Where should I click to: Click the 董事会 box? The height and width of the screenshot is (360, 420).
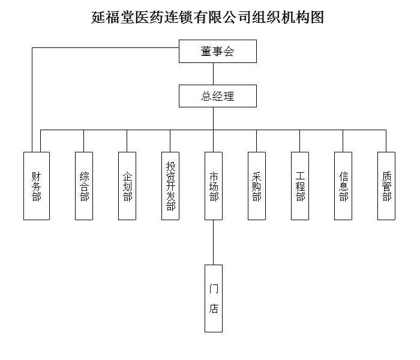217,51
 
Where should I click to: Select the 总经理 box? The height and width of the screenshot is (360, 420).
217,96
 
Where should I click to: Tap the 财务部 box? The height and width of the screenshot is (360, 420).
37,186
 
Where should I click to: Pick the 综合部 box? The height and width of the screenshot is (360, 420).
84,186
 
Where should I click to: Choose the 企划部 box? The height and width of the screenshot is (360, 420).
127,186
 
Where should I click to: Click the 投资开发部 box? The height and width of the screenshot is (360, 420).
170,186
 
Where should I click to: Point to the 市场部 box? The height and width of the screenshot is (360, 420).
214,186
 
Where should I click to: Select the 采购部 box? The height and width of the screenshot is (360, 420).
257,186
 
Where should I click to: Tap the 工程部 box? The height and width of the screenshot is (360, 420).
300,186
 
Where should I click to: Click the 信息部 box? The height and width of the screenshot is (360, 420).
343,186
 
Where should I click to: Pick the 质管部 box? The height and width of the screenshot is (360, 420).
386,186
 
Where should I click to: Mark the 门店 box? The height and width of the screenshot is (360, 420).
214,298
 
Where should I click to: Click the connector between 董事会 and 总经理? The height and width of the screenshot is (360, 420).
213,74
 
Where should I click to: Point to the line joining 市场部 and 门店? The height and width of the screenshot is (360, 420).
214,242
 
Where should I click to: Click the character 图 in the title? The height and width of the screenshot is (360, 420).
317,17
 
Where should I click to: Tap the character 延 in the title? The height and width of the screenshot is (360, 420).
98,17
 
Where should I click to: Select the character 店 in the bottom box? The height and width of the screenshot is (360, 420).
214,308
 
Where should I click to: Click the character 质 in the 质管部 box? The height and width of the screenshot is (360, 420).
386,176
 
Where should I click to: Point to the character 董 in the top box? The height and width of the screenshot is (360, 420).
206,51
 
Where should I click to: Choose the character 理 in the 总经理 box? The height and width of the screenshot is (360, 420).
229,96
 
